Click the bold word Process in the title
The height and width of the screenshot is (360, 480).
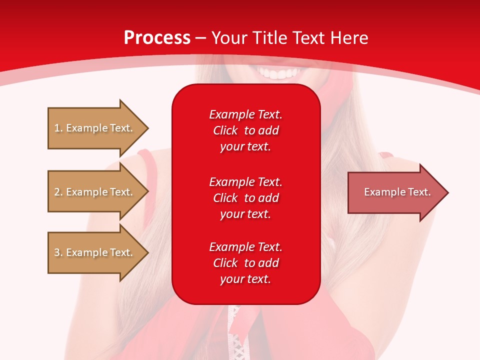pos(157,38)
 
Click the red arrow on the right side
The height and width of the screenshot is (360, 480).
pos(395,192)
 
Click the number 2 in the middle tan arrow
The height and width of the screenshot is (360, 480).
pos(57,192)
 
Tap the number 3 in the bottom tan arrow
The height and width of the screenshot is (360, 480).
pos(57,252)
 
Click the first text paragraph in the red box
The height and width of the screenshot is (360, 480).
pos(245,130)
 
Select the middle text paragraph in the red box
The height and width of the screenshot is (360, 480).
pos(245,198)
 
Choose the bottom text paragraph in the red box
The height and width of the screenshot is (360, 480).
pos(245,263)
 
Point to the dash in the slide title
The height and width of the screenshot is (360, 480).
pos(200,38)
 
